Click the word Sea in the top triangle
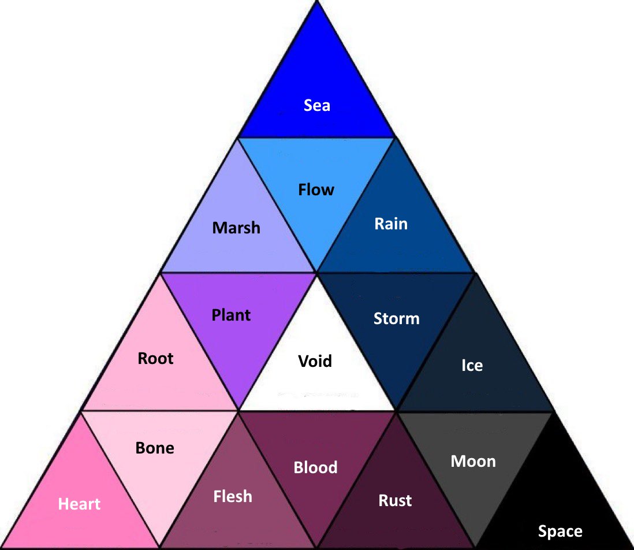(317, 105)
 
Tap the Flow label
(316, 189)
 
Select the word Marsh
(236, 228)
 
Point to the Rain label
(391, 224)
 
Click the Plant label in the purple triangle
(231, 315)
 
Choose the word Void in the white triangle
(315, 361)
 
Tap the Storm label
(396, 318)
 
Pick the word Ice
(472, 365)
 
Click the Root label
(155, 358)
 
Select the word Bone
(154, 448)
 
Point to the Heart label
(79, 504)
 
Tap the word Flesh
(233, 496)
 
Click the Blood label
(315, 467)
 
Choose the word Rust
(395, 500)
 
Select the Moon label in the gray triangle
(473, 461)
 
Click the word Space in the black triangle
(560, 531)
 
